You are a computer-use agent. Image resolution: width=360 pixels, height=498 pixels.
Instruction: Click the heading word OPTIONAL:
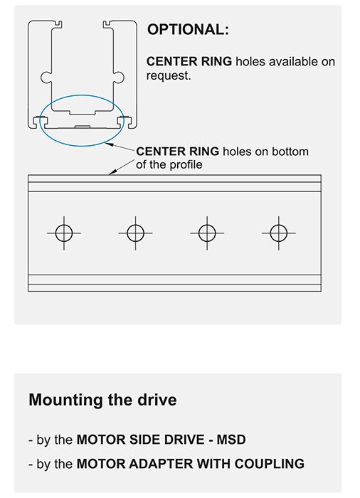(x=188, y=30)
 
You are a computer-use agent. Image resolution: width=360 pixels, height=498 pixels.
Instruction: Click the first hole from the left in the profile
(x=64, y=233)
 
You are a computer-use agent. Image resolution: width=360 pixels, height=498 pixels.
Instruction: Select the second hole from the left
(x=135, y=233)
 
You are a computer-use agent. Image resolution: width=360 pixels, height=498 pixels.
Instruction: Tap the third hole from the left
(x=207, y=233)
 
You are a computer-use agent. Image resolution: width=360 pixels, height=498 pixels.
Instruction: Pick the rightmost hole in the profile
(x=279, y=233)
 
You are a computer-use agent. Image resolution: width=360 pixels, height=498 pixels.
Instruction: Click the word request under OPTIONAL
(x=169, y=76)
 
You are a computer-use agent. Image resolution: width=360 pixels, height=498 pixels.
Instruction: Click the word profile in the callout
(x=186, y=165)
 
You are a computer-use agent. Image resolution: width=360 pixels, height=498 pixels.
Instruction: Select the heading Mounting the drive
(x=102, y=400)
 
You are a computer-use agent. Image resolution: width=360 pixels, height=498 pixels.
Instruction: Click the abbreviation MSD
(x=231, y=440)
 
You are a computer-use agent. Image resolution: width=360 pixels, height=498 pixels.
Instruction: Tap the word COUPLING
(x=270, y=464)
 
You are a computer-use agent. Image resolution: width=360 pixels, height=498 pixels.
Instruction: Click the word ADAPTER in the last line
(x=162, y=464)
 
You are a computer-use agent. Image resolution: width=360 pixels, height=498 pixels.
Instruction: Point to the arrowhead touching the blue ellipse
(x=110, y=144)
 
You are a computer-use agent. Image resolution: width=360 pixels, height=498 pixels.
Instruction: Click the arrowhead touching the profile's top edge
(x=111, y=172)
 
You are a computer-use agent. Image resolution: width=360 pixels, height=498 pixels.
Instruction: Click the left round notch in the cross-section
(x=46, y=77)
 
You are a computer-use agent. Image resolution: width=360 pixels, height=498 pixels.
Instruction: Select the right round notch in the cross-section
(x=119, y=77)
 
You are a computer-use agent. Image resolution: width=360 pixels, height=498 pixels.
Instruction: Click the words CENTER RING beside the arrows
(x=178, y=152)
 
